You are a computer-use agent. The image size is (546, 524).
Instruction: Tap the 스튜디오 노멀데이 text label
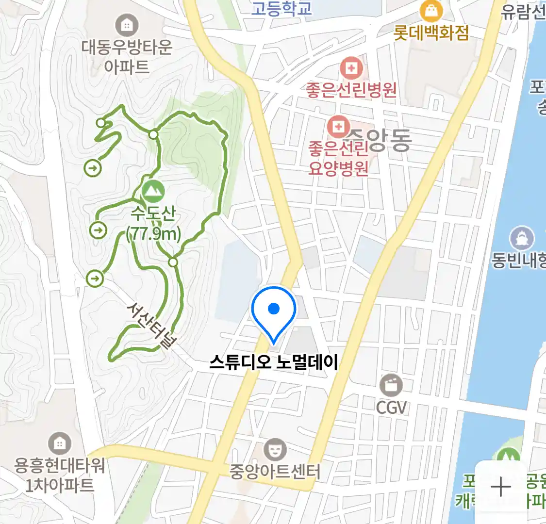coord(274,362)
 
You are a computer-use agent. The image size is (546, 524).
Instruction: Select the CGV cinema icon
coord(391,385)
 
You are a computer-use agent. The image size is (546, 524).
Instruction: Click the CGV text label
coord(391,407)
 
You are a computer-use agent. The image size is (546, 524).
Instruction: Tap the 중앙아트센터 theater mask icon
coord(275,449)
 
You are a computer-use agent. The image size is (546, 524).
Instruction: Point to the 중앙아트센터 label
coord(275,472)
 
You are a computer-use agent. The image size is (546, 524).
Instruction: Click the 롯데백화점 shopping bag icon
coord(431,10)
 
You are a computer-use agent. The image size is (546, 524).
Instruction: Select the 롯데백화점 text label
coord(431,33)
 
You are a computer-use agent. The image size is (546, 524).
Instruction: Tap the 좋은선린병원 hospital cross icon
coord(351,68)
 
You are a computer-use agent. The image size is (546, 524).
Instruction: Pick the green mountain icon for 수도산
coord(153,191)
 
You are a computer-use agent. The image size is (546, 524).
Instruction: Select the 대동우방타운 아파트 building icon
coord(127,25)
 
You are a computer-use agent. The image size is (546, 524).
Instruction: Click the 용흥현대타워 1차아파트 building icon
coord(59,443)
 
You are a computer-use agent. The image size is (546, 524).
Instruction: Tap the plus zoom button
coord(500,487)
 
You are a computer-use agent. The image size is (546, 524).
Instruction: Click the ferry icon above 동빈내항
coord(522,238)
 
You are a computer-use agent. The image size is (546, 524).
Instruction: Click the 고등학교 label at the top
coord(281,8)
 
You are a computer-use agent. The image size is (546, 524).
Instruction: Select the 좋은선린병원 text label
coord(351,90)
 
